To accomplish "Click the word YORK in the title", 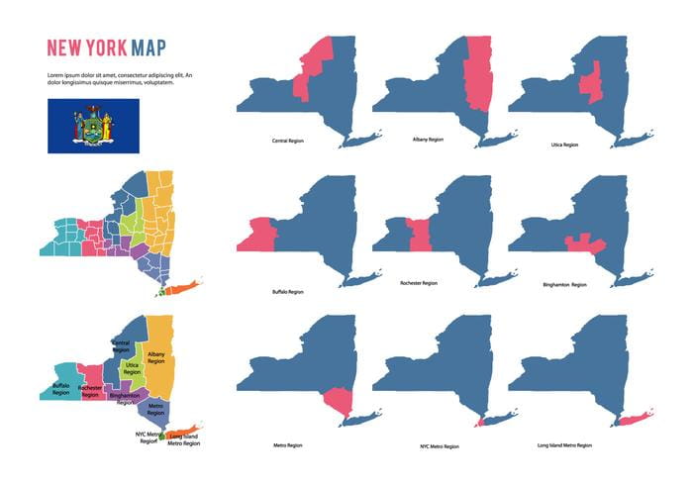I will [x=103, y=48].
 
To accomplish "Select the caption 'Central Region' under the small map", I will [x=288, y=142].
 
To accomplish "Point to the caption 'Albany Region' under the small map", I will [x=428, y=140].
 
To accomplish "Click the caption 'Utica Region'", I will [x=563, y=145].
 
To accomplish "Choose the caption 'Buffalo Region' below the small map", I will [x=287, y=292].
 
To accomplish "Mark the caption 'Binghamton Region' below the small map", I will [x=564, y=285].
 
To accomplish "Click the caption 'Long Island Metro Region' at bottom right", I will [x=565, y=445].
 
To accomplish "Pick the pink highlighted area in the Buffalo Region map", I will [x=258, y=235].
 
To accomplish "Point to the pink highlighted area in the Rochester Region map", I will [x=418, y=236].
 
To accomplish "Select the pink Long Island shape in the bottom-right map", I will [x=630, y=422].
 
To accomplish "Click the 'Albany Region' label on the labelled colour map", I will [x=155, y=356].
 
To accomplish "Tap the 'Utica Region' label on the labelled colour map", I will [x=132, y=368].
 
